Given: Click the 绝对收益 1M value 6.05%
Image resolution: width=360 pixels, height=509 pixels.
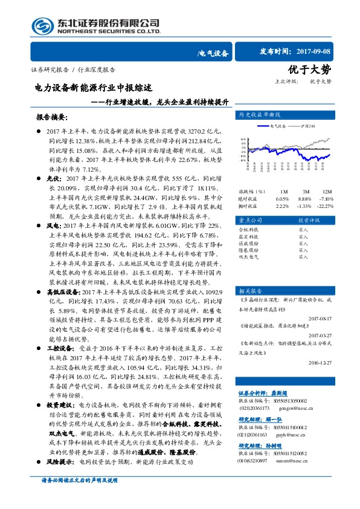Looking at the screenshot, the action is pyautogui.click(x=282, y=198).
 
